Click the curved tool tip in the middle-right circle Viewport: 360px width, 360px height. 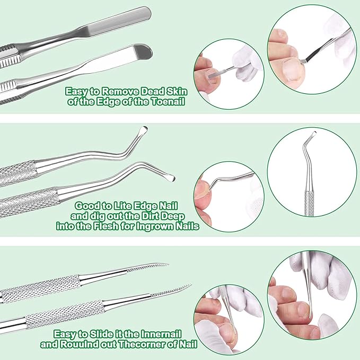tap(312, 135)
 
